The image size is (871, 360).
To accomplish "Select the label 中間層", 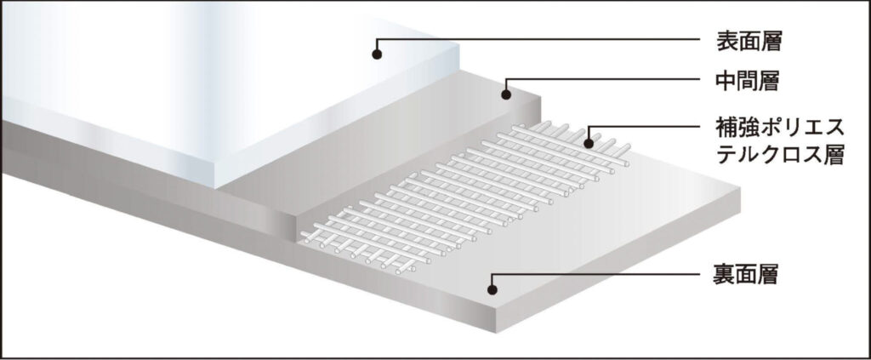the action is (749, 82).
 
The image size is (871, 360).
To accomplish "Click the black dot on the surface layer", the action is (377, 54).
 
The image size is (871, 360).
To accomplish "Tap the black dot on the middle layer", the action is (506, 95).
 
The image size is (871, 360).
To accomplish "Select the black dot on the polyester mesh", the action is (589, 144).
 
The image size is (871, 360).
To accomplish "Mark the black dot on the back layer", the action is (492, 289).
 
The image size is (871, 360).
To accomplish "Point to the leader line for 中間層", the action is (603, 79).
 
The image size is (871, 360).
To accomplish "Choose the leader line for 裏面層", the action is (595, 274).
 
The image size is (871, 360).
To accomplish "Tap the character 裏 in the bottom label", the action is (725, 274).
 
